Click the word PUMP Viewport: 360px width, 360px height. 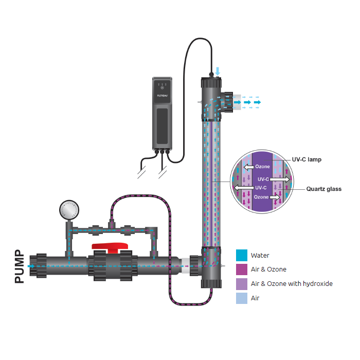[x=19, y=266]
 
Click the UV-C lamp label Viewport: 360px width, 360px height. [x=307, y=160]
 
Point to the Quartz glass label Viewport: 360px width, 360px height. [x=322, y=189]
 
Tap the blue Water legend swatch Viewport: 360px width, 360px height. [x=242, y=255]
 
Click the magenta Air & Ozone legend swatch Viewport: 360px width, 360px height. [x=242, y=269]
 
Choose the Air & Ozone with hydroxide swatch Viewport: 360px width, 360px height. [x=242, y=283]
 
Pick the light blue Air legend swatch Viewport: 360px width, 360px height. [x=242, y=298]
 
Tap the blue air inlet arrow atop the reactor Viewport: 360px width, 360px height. [x=218, y=70]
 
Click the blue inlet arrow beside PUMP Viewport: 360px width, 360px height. [x=32, y=266]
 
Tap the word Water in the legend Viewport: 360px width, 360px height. [x=260, y=255]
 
